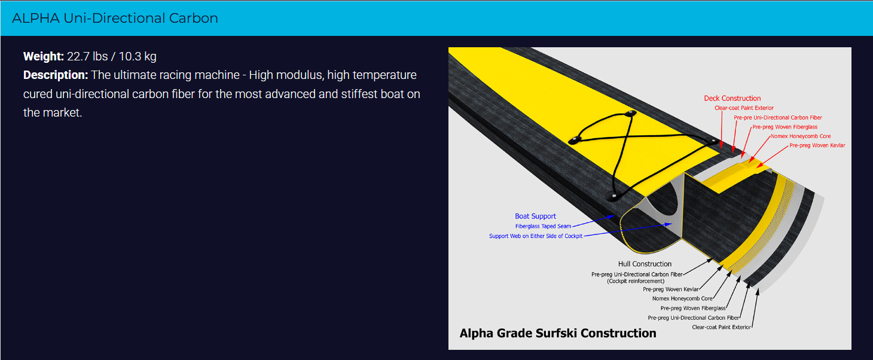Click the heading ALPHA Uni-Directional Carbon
coord(115,19)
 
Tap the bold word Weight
coord(43,56)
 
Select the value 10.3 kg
coord(138,56)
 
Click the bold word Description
coord(56,75)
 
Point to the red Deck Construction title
coord(732,98)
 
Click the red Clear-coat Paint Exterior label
coord(744,108)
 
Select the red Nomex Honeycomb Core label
coord(801,136)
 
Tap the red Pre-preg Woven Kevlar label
coord(817,145)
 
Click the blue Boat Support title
coord(536,216)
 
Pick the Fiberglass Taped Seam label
coord(544,227)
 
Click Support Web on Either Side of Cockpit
coord(536,236)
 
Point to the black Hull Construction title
coord(645,264)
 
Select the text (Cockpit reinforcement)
coord(636,281)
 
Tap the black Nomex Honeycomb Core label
coord(682,299)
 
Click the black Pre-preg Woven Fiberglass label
coord(693,308)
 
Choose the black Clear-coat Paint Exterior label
coord(721,327)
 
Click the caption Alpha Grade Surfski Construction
coord(558,333)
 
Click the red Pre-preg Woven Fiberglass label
coord(785,127)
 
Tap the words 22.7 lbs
coord(87,56)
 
